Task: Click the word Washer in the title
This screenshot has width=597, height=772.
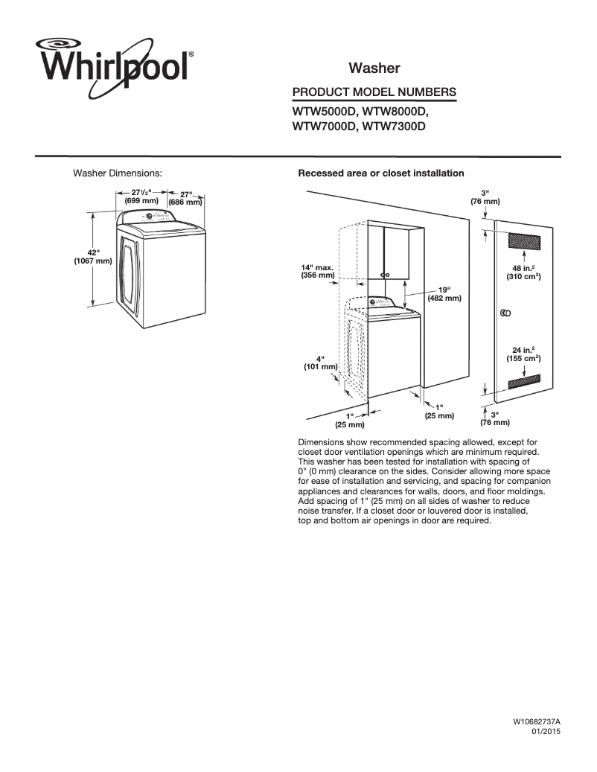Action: tap(374, 68)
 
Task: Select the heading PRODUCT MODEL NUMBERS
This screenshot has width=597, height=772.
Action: tap(374, 92)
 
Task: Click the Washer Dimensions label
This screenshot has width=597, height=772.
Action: tap(118, 173)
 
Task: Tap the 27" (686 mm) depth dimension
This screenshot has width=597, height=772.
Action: tap(185, 198)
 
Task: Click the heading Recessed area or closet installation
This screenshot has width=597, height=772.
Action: tap(380, 173)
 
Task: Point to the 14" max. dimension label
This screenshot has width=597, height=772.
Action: tap(317, 271)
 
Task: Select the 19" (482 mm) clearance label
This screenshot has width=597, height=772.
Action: tap(444, 293)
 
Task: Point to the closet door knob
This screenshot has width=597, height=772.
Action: tap(505, 313)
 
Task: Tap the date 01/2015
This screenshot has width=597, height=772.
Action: tap(545, 733)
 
